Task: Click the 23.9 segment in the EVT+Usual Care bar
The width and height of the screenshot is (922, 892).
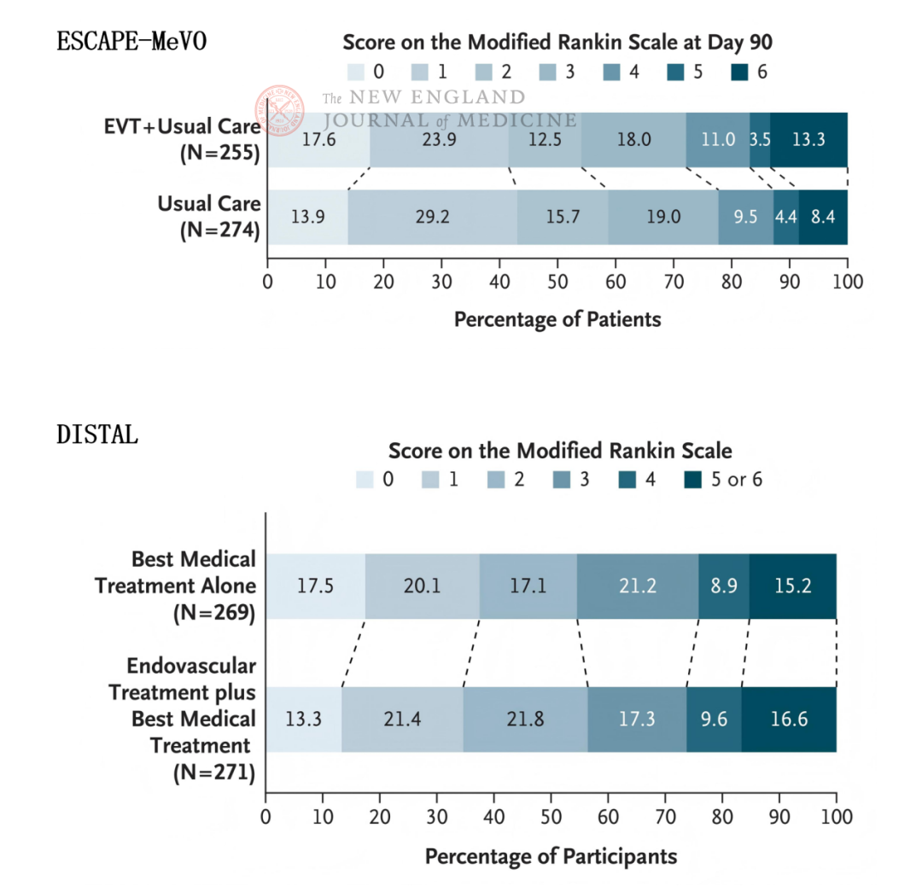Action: click(439, 139)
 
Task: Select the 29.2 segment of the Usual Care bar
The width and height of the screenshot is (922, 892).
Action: click(431, 217)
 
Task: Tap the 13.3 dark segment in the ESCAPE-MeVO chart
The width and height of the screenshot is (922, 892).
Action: click(808, 139)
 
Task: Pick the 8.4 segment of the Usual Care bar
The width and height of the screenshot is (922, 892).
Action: click(823, 217)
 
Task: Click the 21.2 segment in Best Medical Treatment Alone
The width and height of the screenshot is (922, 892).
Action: click(637, 586)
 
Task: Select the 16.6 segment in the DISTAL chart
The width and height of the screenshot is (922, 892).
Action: click(788, 719)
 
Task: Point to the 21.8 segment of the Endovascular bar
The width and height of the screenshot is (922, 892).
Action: click(525, 719)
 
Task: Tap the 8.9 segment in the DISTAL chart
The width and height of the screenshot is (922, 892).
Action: click(723, 586)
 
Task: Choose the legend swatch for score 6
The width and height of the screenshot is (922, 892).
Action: click(740, 73)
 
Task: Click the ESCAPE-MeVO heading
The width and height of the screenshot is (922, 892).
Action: click(131, 41)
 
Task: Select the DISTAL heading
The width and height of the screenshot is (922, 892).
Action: click(97, 434)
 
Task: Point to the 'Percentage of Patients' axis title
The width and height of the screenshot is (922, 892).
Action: click(557, 320)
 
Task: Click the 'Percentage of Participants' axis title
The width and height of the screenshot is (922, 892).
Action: click(551, 856)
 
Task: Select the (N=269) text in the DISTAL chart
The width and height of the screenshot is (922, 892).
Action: click(214, 612)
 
